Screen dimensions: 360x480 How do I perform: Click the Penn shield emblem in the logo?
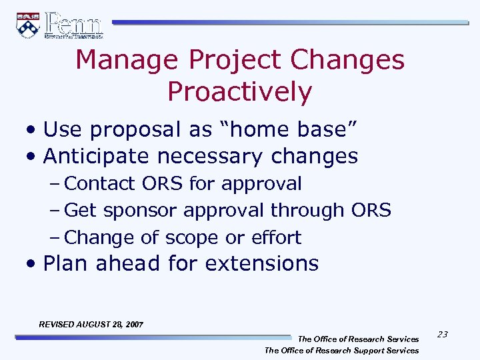pos(27,25)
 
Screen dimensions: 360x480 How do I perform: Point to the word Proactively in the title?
pos(239,92)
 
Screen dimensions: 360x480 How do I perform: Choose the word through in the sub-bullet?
pos(307,211)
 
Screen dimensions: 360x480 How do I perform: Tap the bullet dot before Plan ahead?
pos(33,264)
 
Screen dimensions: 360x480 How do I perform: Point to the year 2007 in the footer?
pos(133,325)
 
